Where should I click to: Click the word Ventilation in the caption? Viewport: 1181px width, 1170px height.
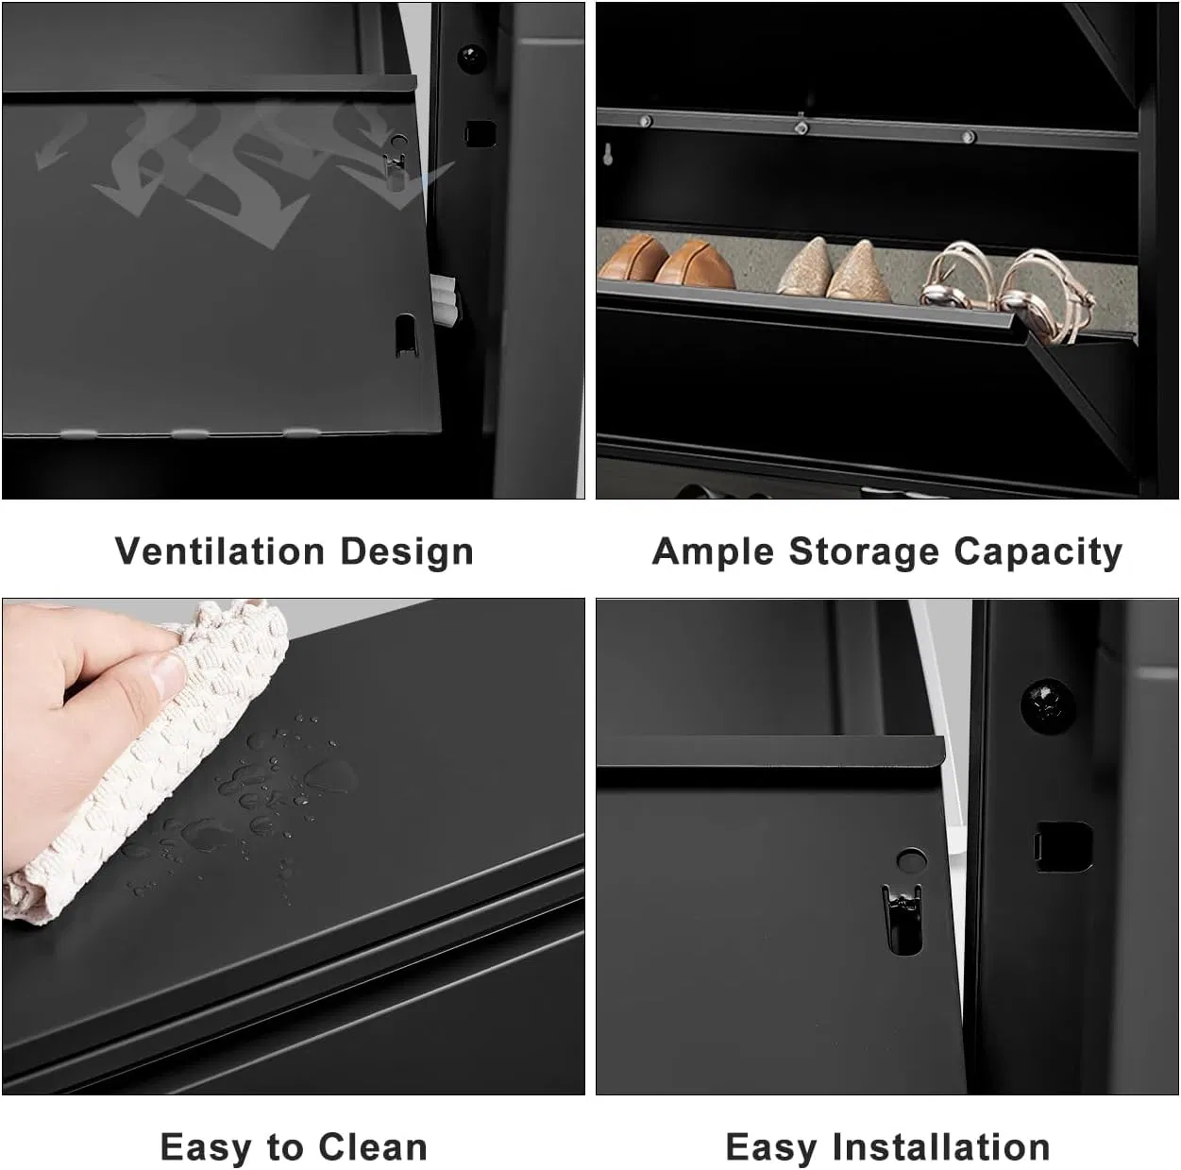click(x=219, y=551)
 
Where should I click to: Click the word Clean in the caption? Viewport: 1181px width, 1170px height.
click(x=373, y=1147)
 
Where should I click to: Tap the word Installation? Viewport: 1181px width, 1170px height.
click(x=941, y=1147)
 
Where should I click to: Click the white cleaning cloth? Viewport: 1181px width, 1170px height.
click(x=160, y=755)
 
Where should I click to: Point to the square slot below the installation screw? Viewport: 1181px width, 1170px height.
click(x=1063, y=846)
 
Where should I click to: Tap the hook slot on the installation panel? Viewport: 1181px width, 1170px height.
click(x=903, y=919)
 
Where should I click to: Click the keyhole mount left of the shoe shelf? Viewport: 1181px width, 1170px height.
click(x=609, y=153)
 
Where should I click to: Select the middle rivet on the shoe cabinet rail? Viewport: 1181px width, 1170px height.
click(x=801, y=127)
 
